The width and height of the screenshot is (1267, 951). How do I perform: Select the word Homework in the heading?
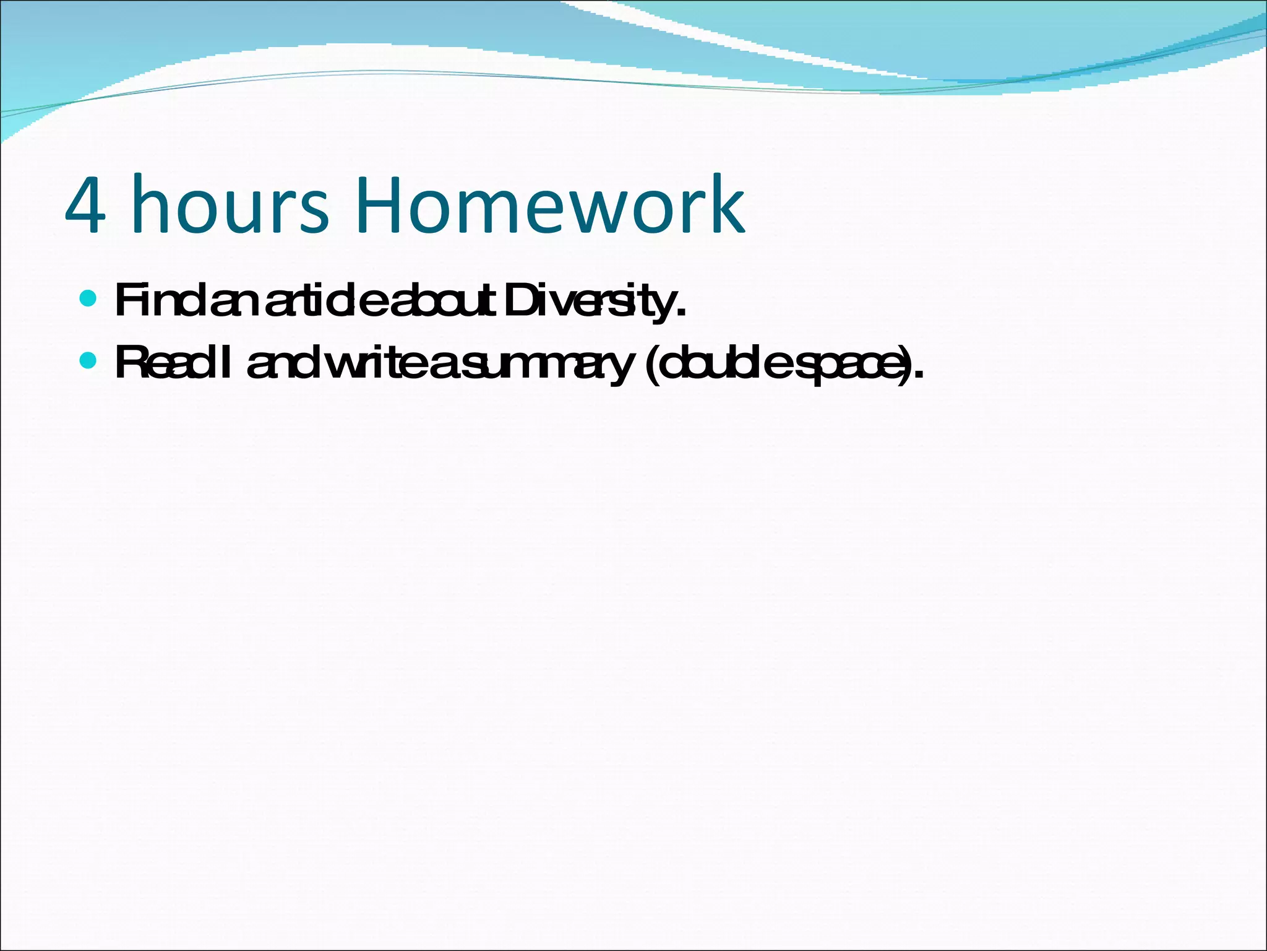[550, 206]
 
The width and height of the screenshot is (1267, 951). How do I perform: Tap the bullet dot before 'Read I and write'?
[88, 361]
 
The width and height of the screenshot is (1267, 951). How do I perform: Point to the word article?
[328, 301]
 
